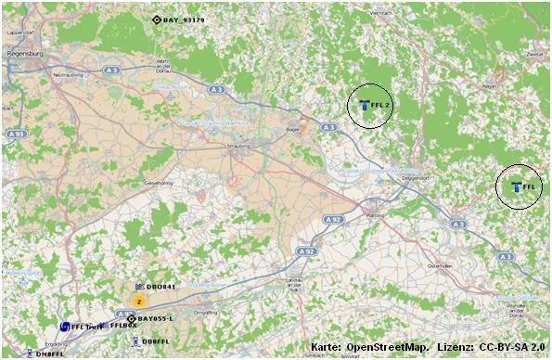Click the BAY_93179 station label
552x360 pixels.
[184, 19]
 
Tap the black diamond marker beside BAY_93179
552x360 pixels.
[156, 19]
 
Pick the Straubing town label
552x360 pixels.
[239, 147]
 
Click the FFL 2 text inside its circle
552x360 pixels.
[379, 106]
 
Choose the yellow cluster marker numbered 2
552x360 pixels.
[139, 301]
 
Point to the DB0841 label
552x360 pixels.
[160, 288]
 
